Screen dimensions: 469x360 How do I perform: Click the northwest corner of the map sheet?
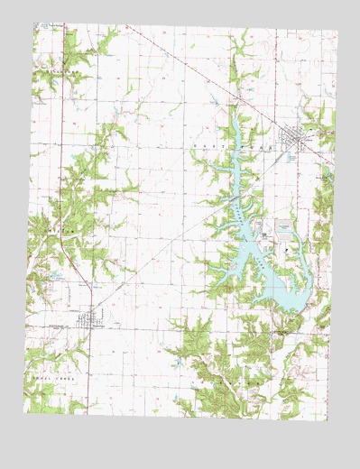(x=32, y=24)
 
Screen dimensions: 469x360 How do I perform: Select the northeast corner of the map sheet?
(x=337, y=32)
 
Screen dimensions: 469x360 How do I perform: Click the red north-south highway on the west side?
(x=60, y=180)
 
